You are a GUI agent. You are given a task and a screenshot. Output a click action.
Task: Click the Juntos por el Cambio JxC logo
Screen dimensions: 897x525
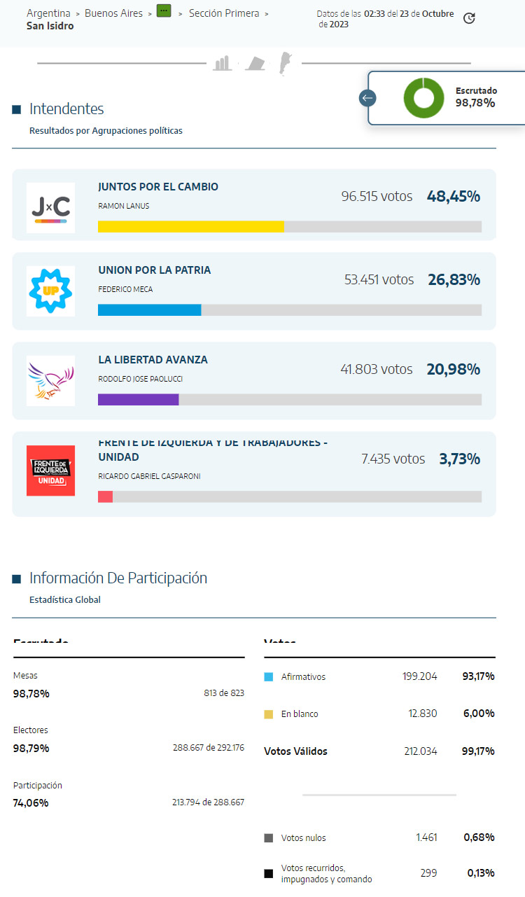[x=50, y=208]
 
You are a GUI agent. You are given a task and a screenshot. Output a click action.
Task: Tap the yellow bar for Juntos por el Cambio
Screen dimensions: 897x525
[x=190, y=226]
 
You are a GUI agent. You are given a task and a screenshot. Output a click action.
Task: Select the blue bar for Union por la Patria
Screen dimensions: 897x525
[x=149, y=310]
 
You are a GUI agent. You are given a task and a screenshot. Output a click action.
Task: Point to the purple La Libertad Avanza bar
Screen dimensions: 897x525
[x=138, y=400]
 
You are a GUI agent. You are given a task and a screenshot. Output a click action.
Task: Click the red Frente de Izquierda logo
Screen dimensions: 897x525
[x=50, y=471]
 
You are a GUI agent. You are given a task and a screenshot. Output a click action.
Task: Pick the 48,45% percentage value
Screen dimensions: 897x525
[x=454, y=196]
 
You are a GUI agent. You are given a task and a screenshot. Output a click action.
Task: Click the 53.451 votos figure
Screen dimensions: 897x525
[x=379, y=279]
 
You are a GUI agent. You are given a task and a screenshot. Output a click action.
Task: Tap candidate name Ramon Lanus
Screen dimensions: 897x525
[x=124, y=206]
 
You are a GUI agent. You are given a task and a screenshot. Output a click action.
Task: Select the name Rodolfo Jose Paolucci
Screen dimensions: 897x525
[x=141, y=379]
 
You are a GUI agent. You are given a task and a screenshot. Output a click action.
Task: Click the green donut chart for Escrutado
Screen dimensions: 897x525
[x=423, y=98]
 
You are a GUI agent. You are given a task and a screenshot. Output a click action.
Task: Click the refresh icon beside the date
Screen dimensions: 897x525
[x=470, y=18]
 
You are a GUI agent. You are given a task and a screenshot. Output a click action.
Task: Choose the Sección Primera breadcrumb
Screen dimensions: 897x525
[x=224, y=13]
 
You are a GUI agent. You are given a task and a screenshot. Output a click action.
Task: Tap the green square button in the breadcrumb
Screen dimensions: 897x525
[x=164, y=11]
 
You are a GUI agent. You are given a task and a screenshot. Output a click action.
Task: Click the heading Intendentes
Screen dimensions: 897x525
[x=66, y=109]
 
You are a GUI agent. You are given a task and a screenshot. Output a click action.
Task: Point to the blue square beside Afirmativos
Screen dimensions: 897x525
[x=269, y=677]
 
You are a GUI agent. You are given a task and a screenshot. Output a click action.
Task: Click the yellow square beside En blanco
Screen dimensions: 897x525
[x=269, y=714]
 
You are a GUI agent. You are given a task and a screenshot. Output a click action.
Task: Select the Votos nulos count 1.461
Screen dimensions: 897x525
[x=426, y=837]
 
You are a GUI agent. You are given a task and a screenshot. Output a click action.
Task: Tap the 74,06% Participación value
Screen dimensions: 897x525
[x=31, y=802]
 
